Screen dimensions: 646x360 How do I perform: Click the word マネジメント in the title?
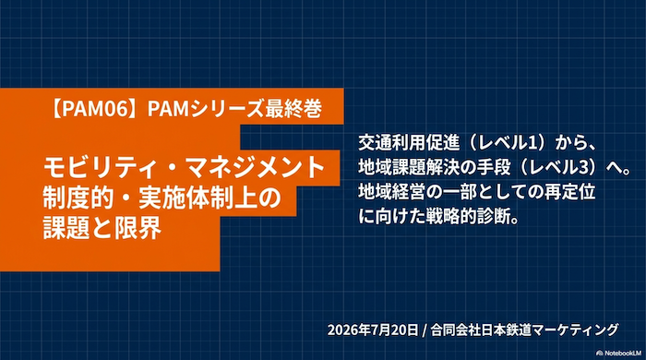point(254,167)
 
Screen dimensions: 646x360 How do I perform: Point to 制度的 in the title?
point(78,198)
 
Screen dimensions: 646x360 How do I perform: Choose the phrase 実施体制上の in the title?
point(209,198)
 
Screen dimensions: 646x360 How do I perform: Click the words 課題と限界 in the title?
point(102,227)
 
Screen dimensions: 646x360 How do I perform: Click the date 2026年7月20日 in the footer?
point(373,330)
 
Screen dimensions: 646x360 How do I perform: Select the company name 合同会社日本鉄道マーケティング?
point(524,330)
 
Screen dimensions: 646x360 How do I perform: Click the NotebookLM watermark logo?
point(619,353)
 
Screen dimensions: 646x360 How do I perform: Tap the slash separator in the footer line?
point(425,330)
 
